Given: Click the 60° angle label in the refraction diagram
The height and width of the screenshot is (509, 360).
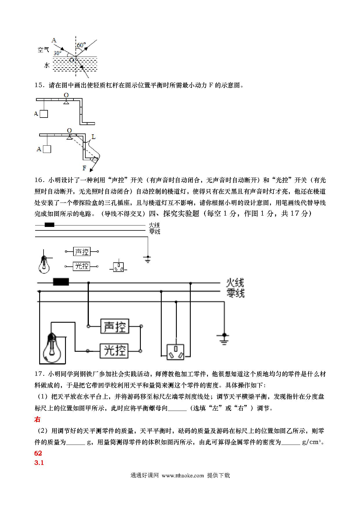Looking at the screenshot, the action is tap(81, 45).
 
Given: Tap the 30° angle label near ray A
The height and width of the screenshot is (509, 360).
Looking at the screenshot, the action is tap(57, 53).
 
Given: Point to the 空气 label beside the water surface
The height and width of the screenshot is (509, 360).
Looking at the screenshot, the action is tap(43, 50).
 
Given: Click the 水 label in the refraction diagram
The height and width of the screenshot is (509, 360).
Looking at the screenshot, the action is tap(47, 65).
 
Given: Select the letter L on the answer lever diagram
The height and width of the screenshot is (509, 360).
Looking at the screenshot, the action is tap(93, 137).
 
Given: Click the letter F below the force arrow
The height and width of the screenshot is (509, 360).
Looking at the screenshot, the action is tap(84, 168).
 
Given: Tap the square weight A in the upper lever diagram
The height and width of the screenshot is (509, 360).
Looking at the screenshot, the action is tap(44, 114).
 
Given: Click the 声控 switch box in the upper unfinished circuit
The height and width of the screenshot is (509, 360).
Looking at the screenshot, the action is tap(82, 252).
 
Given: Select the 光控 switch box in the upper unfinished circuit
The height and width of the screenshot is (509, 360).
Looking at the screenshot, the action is tap(82, 266).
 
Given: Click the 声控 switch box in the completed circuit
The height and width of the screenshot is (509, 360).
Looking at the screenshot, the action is tap(115, 326).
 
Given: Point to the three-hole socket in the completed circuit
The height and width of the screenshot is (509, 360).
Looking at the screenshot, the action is tap(175, 352).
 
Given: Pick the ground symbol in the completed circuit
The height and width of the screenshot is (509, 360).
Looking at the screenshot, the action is tap(224, 338).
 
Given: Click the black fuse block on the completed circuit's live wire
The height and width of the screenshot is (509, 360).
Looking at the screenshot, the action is tap(61, 282).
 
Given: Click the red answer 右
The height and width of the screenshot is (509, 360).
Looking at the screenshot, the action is tap(37, 419).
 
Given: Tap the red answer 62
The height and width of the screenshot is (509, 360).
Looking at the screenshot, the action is tap(38, 453).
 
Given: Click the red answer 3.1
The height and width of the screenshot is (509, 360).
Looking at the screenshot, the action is tap(39, 463).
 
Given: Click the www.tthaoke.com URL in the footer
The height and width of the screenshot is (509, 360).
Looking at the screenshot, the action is tap(183, 476).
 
